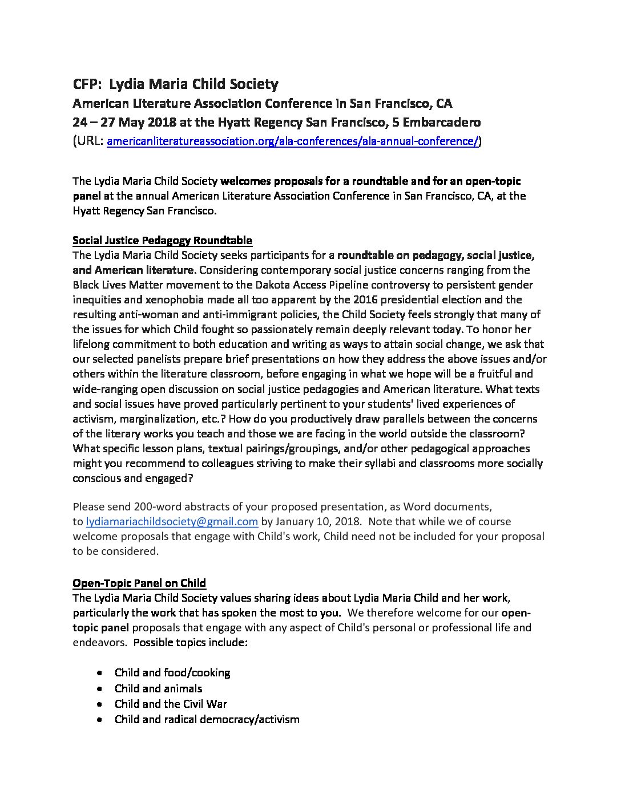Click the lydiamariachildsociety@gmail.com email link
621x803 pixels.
[172, 521]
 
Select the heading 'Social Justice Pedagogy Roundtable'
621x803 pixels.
[162, 240]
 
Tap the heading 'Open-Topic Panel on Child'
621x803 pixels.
[139, 583]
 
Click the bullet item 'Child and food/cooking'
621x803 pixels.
[172, 672]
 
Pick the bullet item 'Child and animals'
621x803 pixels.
[158, 688]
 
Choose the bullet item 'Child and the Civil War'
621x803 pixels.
[171, 704]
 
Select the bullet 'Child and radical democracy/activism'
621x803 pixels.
[207, 719]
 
